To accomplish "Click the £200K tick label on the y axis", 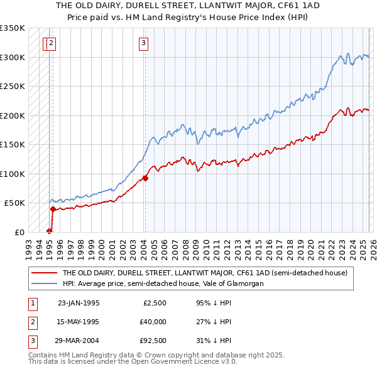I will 13,115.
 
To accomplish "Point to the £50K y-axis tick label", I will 14,203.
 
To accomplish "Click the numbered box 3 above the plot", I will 144,43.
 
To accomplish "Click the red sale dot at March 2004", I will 145,178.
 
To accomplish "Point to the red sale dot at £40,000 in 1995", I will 53,209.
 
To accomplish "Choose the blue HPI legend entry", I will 163,283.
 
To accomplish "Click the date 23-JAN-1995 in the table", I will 79,303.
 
